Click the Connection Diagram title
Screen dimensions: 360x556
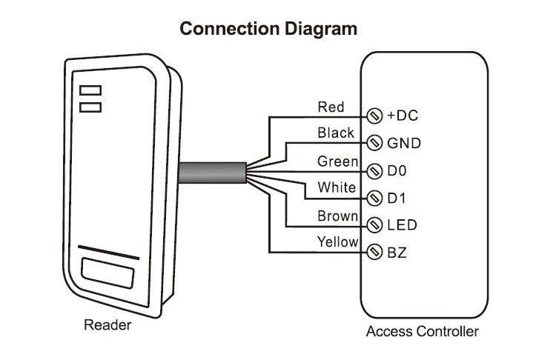tap(269, 29)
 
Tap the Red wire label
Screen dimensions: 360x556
tap(331, 107)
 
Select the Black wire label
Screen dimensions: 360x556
tap(336, 133)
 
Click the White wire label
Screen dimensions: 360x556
tap(337, 188)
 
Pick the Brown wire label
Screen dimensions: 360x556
tap(338, 216)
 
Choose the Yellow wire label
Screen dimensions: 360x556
tap(338, 242)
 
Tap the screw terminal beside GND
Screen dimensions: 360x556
tap(374, 142)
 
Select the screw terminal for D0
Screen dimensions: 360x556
tap(374, 170)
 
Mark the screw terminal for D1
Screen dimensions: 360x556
tap(374, 198)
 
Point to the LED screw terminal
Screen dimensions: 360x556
tap(374, 224)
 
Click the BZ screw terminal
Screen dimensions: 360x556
tap(374, 252)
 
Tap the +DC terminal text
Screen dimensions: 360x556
tap(403, 116)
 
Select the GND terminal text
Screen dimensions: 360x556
tap(404, 142)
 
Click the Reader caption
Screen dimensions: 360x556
tap(107, 324)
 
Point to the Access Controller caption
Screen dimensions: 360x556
tap(423, 331)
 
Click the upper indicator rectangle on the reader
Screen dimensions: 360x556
tap(90, 90)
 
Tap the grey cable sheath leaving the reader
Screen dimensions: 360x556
tap(211, 173)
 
